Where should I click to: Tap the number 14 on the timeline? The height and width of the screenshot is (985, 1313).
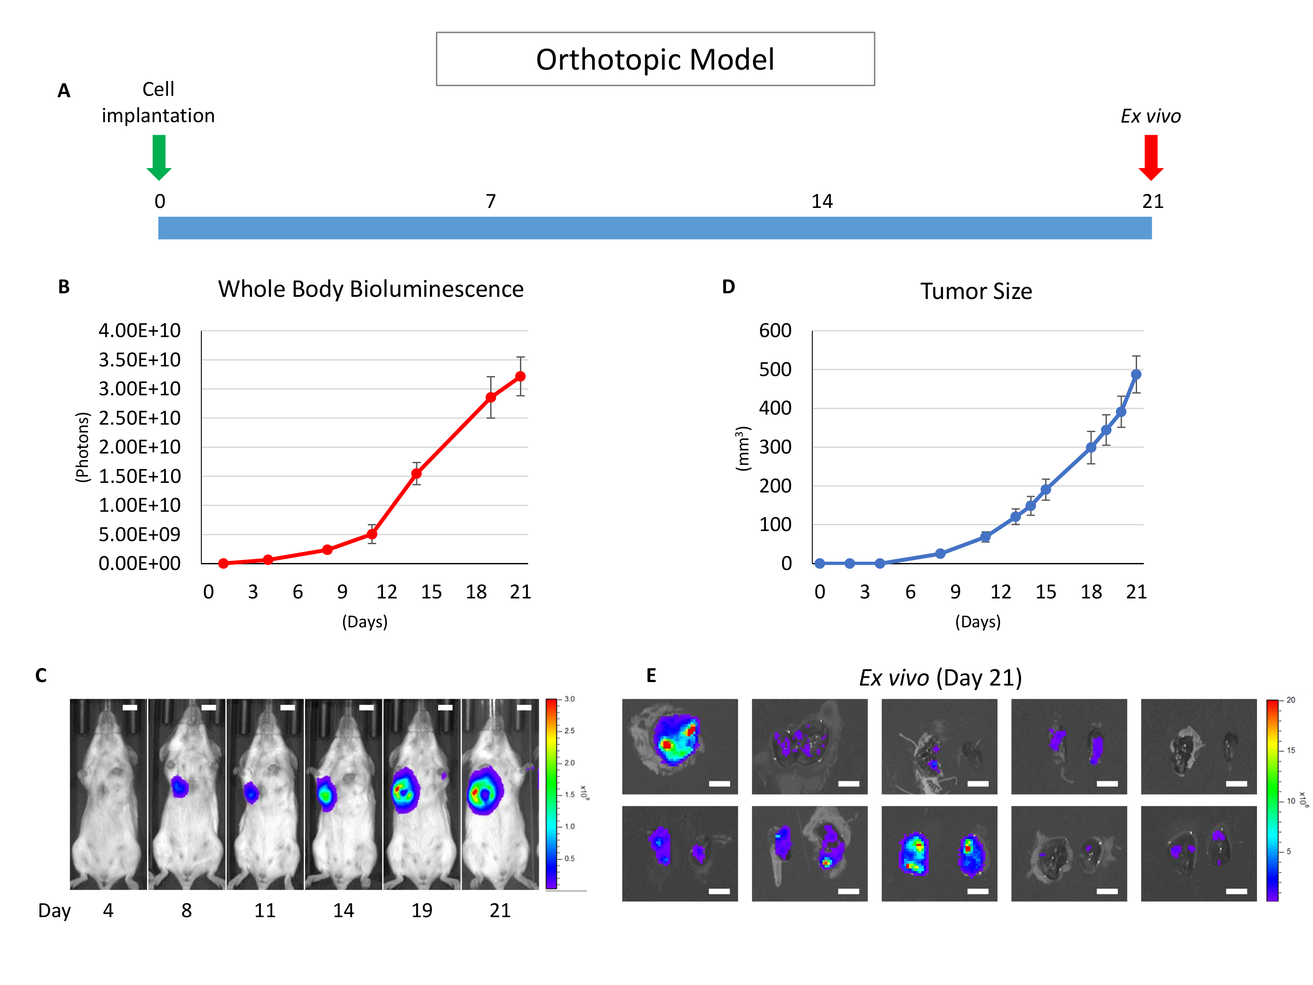click(822, 202)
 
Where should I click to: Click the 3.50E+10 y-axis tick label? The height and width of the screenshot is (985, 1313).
click(140, 360)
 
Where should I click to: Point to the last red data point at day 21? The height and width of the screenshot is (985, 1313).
click(520, 376)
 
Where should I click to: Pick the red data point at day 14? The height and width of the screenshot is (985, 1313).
click(416, 474)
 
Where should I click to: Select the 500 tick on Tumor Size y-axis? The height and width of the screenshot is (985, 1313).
click(775, 370)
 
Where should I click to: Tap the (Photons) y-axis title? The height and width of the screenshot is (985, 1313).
click(83, 447)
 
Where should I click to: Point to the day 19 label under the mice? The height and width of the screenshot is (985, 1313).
click(421, 910)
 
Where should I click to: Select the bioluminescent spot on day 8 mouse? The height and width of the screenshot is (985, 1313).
click(180, 787)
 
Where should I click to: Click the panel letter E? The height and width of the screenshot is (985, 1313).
click(651, 675)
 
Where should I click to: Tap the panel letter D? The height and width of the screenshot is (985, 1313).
click(728, 287)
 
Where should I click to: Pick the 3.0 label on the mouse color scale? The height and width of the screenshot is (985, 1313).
click(569, 699)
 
